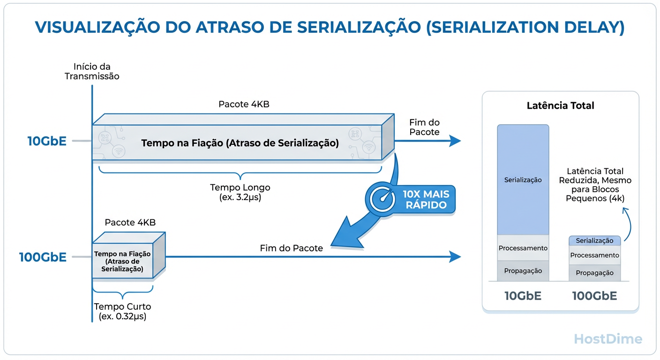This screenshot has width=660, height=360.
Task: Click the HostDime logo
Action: pyautogui.click(x=607, y=339)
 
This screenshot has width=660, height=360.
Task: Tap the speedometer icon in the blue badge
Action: pyautogui.click(x=383, y=199)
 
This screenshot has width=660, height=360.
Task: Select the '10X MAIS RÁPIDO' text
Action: pyautogui.click(x=425, y=199)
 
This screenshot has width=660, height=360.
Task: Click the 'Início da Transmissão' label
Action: pyautogui.click(x=92, y=71)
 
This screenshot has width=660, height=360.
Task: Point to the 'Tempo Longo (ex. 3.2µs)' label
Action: pyautogui.click(x=240, y=192)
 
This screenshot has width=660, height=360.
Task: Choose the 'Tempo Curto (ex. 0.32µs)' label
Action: pyautogui.click(x=122, y=311)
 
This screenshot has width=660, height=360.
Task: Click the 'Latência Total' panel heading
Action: pyautogui.click(x=560, y=105)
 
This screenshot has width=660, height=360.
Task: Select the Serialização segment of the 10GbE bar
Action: pyautogui.click(x=523, y=180)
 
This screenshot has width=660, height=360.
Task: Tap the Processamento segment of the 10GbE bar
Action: pyautogui.click(x=523, y=248)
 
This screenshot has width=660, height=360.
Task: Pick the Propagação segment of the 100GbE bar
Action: pyautogui.click(x=594, y=273)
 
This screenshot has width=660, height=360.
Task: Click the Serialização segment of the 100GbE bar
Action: pyautogui.click(x=594, y=240)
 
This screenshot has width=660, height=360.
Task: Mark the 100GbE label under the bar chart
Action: pyautogui.click(x=594, y=296)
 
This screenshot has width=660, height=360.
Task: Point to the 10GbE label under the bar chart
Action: pyautogui.click(x=523, y=296)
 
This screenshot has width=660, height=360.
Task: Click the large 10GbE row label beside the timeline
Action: pyautogui.click(x=47, y=141)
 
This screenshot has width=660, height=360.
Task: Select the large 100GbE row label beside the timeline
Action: pyautogui.click(x=43, y=257)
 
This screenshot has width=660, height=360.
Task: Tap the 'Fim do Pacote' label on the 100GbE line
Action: pyautogui.click(x=291, y=248)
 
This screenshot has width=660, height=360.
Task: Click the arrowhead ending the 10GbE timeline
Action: pyautogui.click(x=455, y=141)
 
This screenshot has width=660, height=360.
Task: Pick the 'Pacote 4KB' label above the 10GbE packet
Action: pyautogui.click(x=244, y=104)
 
